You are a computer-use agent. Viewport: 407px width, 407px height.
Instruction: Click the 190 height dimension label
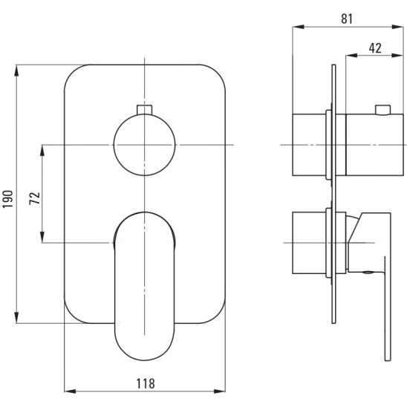(7, 199)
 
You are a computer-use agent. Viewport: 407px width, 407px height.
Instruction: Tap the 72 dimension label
(34, 198)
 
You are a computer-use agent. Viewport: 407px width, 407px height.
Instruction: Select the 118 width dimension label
(146, 384)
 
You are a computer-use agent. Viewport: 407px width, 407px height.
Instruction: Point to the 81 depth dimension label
(347, 19)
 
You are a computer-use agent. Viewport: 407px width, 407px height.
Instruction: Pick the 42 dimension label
(375, 48)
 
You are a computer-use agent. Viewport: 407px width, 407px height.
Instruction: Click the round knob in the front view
(144, 145)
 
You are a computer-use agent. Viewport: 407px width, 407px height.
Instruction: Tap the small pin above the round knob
(144, 109)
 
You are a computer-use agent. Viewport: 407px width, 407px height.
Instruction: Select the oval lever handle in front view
(145, 286)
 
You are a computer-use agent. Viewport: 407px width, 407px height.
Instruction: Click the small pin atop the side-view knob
(382, 109)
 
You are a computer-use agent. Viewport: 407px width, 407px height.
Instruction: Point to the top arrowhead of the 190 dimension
(16, 71)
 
